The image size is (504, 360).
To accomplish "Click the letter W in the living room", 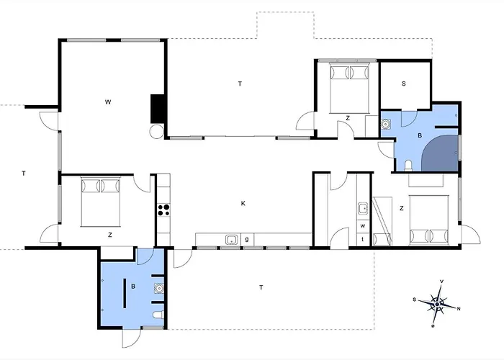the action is [108, 102].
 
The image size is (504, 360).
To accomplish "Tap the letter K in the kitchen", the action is [243, 203].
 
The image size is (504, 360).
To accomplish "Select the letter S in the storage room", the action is [404, 84].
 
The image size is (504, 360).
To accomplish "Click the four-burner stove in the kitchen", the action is [163, 210].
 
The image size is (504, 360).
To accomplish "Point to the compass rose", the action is [437, 304].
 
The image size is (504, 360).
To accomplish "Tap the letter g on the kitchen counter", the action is [247, 240].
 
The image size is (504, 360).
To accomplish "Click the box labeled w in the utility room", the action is [363, 226].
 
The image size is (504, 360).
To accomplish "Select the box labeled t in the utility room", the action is [363, 239].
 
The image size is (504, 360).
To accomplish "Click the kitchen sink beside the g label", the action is [231, 240].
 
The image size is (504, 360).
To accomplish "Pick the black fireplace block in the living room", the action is [158, 109].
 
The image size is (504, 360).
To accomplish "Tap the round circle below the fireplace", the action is [157, 131].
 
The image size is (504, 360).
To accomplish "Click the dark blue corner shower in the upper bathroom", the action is [441, 153].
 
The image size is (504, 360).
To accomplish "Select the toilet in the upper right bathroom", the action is [408, 166].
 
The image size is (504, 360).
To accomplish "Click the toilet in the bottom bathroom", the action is [158, 315].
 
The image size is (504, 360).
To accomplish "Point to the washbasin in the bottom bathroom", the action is [159, 288].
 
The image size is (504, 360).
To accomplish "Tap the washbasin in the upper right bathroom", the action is [386, 124].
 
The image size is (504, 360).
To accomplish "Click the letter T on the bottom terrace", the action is [261, 287].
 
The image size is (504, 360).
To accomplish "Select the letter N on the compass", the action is [459, 309].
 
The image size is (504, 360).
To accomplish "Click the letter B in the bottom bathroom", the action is [133, 287].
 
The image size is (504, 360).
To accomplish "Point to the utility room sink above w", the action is [363, 208].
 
